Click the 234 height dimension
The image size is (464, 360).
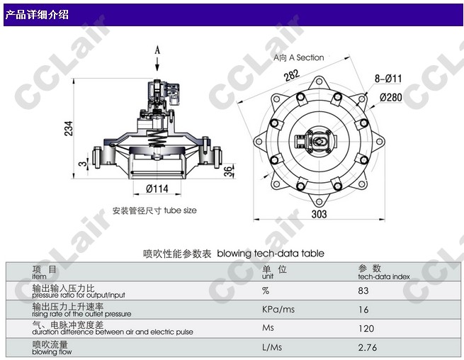(x=68, y=128)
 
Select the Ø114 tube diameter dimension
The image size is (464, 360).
(x=157, y=189)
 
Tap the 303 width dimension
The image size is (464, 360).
(x=319, y=214)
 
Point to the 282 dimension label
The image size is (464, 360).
(x=292, y=75)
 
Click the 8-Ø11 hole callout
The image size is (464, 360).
(x=388, y=79)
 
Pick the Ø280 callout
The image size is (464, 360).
(x=390, y=97)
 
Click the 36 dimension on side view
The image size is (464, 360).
(x=228, y=171)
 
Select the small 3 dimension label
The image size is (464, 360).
(x=84, y=163)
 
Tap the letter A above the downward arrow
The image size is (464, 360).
(x=157, y=50)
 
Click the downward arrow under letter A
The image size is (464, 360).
(x=157, y=64)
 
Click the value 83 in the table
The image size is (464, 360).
(x=363, y=291)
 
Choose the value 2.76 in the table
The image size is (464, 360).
(x=367, y=347)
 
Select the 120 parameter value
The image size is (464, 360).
(x=366, y=328)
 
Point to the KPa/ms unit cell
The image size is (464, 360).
(x=278, y=310)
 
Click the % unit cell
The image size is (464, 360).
(x=266, y=291)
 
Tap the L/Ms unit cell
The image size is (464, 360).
(x=272, y=347)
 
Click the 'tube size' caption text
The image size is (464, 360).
(x=180, y=210)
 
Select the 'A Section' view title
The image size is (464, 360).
(x=306, y=57)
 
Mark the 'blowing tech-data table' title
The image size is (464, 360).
(x=271, y=254)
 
